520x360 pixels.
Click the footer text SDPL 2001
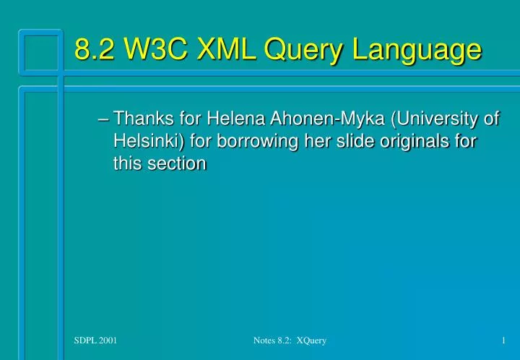[x=96, y=340]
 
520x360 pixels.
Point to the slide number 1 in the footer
[x=502, y=340]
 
